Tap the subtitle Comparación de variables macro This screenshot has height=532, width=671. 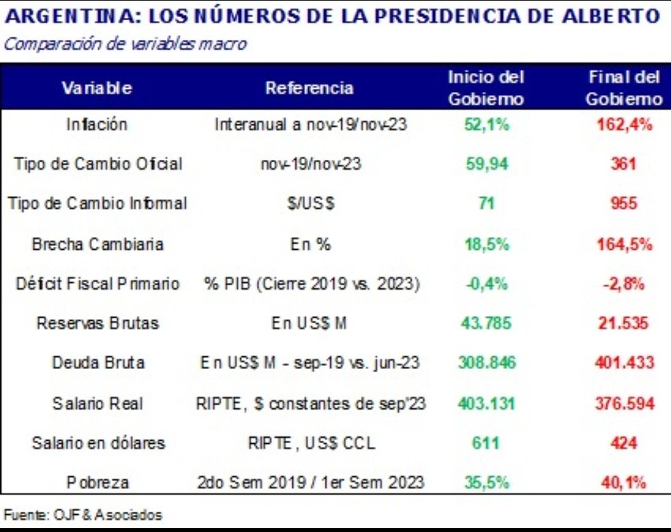click(x=124, y=44)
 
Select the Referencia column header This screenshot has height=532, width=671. click(x=309, y=88)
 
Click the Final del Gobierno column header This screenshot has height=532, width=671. click(x=624, y=88)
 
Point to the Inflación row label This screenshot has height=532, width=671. click(x=96, y=124)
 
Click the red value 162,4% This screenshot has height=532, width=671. click(x=624, y=124)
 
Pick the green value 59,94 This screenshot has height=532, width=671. click(x=486, y=164)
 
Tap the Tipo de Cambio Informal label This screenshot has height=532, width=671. click(x=97, y=204)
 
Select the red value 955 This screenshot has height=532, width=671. click(x=624, y=204)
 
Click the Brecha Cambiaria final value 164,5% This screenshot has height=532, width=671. click(x=624, y=244)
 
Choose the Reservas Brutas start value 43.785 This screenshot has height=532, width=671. click(x=486, y=323)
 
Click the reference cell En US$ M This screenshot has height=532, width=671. click(x=309, y=323)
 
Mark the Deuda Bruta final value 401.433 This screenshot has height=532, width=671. click(x=624, y=363)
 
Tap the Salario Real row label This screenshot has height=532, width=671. click(x=97, y=403)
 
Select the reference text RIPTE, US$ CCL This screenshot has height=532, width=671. click(x=311, y=443)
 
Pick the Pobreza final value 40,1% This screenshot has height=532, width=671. click(x=624, y=483)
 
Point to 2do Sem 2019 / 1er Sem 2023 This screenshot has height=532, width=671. click(x=311, y=483)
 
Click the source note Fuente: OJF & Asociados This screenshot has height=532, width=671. click(x=82, y=515)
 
